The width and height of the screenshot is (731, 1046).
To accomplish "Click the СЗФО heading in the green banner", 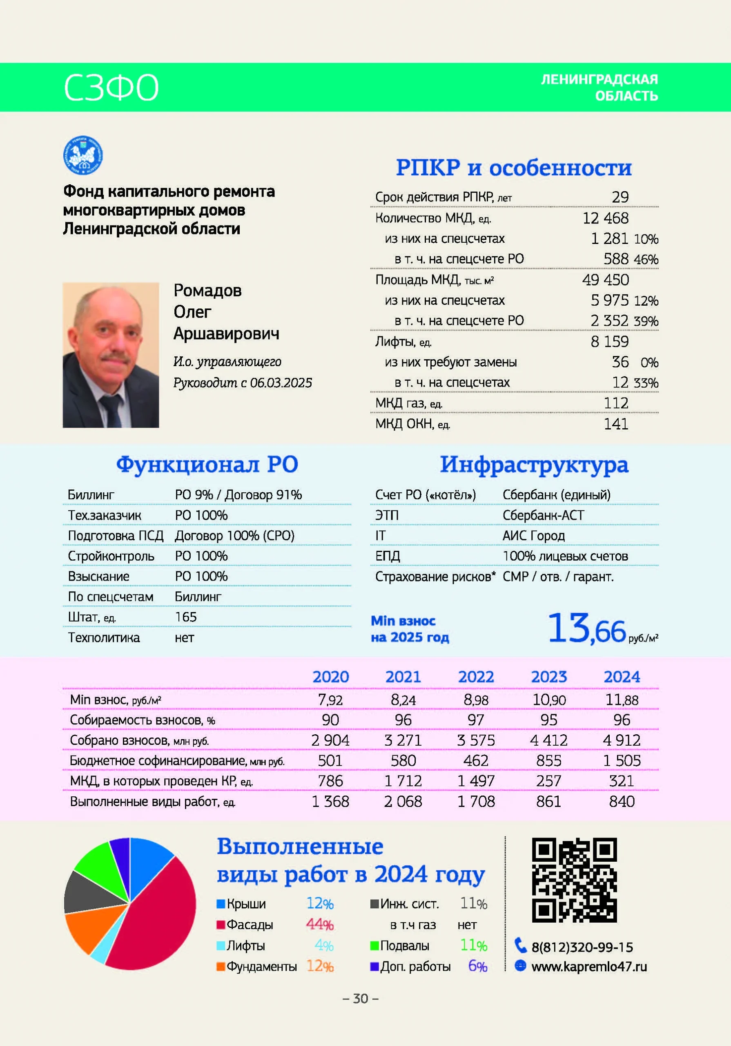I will (x=111, y=87).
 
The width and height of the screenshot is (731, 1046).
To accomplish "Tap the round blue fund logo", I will (x=83, y=155).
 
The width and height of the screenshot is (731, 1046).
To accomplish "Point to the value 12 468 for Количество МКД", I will (x=605, y=218).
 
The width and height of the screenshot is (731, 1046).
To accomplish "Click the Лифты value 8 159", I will (x=609, y=341).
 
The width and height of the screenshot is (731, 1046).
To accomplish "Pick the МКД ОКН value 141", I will (x=616, y=424).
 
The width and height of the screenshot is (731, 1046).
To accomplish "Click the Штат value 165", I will (x=186, y=617).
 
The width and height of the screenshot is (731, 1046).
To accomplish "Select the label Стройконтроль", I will (x=111, y=556).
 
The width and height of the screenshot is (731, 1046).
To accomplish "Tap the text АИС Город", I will (x=533, y=536).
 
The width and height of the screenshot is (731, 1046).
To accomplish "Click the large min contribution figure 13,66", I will (x=586, y=629).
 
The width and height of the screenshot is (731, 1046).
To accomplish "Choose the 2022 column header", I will (x=476, y=677).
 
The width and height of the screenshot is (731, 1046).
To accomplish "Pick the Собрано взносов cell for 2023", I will (x=548, y=740).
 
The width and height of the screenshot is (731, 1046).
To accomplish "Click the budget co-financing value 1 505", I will (x=621, y=760).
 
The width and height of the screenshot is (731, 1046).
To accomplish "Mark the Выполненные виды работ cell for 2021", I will (x=403, y=801).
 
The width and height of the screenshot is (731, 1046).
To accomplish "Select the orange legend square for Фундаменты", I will (x=221, y=966).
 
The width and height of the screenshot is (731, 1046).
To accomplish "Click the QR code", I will (x=574, y=880).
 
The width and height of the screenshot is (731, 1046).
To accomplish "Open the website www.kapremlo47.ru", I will (x=588, y=966).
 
